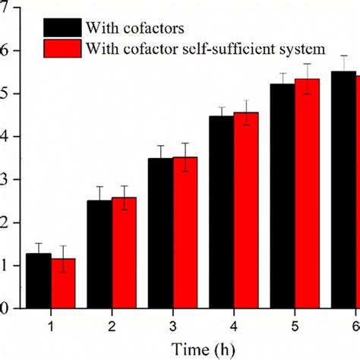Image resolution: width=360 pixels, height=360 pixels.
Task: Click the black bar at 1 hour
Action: (39, 281)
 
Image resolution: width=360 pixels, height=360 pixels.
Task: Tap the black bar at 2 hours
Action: (99, 254)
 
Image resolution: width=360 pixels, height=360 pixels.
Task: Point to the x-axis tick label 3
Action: (173, 325)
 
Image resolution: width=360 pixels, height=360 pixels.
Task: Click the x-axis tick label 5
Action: (295, 325)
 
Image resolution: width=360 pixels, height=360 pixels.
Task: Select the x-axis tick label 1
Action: (52, 325)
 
